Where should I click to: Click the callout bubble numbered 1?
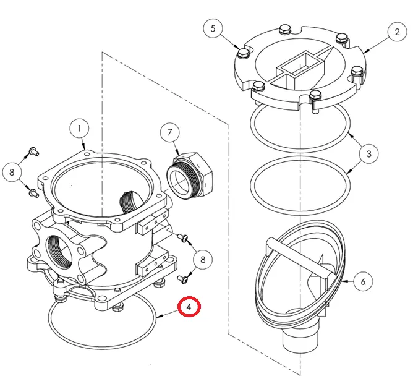(80, 129)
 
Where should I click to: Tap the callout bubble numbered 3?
(368, 153)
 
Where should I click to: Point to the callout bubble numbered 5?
(213, 28)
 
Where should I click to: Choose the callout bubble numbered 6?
(364, 281)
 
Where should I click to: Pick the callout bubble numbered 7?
(169, 133)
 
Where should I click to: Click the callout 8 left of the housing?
(12, 173)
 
